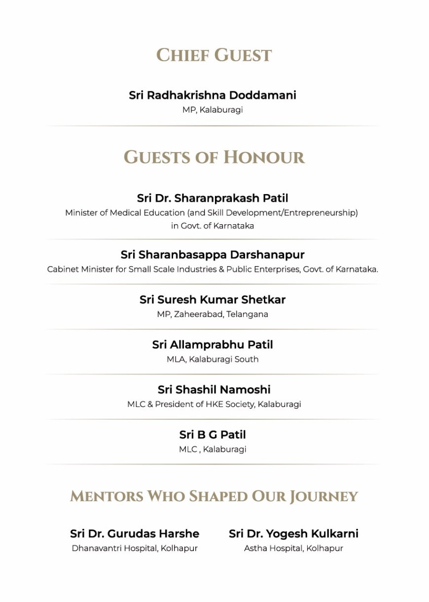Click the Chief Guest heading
(214, 55)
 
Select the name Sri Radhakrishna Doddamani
(213, 95)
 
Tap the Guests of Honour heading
(214, 157)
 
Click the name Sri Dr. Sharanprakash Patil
(213, 198)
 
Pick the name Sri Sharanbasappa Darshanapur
(213, 255)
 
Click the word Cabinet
(62, 270)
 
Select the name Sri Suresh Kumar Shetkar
(213, 300)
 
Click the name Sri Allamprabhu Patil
(213, 345)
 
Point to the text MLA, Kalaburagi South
(213, 360)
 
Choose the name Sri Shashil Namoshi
(214, 390)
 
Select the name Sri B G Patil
(213, 435)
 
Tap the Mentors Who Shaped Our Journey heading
(214, 496)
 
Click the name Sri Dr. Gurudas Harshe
(135, 534)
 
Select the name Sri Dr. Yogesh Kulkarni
(293, 534)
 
